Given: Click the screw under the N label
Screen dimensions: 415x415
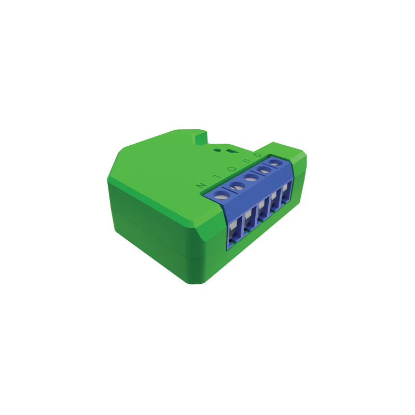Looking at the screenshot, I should (x=222, y=196).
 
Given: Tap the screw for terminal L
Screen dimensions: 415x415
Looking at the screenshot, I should (x=237, y=185).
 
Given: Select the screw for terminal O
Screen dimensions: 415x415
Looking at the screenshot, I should (x=251, y=178).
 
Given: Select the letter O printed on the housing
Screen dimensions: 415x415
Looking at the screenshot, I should (x=231, y=168).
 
